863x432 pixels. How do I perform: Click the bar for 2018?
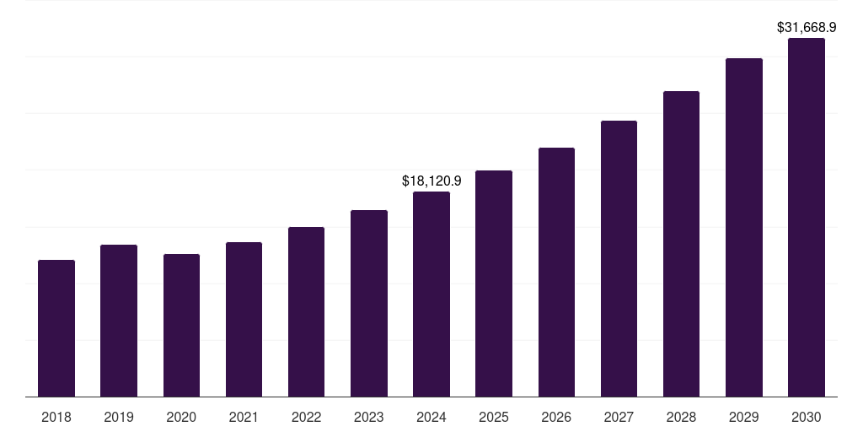tap(56, 328)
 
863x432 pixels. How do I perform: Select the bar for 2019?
tap(119, 321)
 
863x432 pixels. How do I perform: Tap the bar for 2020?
tap(181, 325)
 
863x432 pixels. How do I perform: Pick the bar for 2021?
tap(244, 319)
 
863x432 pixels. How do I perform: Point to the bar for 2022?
tap(306, 311)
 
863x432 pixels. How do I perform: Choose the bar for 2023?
tap(369, 303)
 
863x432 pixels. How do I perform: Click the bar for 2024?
tap(431, 294)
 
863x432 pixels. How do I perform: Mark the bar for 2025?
tap(494, 283)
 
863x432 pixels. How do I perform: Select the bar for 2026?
tap(556, 272)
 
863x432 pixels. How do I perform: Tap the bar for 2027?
tap(619, 258)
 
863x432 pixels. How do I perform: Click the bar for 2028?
tap(681, 244)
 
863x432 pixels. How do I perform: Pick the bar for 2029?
tap(744, 227)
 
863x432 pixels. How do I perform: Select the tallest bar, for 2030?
tap(807, 217)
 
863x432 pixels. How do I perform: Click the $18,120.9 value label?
tap(431, 181)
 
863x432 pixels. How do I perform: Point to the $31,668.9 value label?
tap(807, 28)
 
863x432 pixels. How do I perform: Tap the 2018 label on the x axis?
tap(56, 417)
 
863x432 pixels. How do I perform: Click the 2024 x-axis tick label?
tap(431, 417)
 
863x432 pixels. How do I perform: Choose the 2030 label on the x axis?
tap(807, 417)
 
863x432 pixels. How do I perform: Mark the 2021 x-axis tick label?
tap(244, 417)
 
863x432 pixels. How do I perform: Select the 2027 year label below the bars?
tap(619, 417)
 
